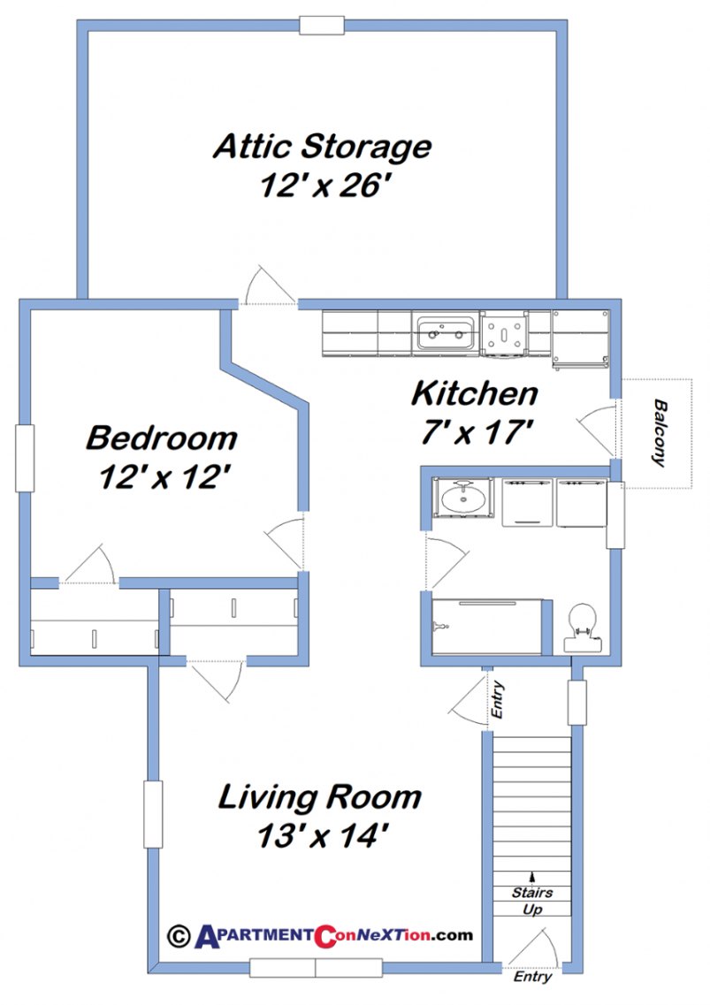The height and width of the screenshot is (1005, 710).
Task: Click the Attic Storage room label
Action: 322,146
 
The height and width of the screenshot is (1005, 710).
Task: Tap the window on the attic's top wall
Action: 322,26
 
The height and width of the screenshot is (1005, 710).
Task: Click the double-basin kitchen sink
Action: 447,334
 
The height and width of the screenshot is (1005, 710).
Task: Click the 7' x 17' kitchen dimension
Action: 474,432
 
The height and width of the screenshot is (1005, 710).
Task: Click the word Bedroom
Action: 162,438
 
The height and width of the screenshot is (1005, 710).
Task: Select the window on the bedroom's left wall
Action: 25,458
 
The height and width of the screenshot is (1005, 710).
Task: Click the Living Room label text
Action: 320,797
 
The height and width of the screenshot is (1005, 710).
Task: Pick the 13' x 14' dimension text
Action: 321,835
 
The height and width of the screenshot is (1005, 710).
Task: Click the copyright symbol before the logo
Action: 179,934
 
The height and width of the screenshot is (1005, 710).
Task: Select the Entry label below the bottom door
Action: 533,978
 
